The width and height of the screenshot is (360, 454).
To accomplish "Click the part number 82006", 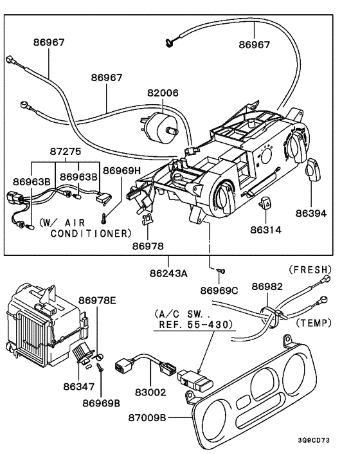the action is pos(163,93).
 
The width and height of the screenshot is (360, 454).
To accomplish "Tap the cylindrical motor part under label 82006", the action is pos(159,126).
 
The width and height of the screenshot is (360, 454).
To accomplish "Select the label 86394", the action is pos(311,213).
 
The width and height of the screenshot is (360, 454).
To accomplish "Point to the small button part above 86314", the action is pos(265,202).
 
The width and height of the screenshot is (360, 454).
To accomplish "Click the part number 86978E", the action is pos(97,300).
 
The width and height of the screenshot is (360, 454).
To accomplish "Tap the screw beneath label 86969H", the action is pos(104,218).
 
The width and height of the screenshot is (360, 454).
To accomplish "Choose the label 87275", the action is pos(66,151).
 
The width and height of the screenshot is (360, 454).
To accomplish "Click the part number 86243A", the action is pos(168,273).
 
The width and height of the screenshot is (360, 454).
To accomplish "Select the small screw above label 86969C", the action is pos(221,271).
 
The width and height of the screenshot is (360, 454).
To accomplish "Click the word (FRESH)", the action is pos(310,269).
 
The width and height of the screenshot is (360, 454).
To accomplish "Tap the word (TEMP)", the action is pos(314,323).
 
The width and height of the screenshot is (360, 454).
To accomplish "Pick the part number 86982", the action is pos(267,286).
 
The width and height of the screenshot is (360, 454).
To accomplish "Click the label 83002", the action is pos(150,392).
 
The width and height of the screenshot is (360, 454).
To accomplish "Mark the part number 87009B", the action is pos(147,418).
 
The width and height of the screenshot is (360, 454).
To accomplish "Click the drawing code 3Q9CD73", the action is pos(314,440).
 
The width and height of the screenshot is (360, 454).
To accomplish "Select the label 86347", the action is pos(79,386).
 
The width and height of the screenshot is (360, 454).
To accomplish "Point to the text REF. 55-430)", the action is pos(196,325).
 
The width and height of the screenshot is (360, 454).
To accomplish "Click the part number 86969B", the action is pos(101,403).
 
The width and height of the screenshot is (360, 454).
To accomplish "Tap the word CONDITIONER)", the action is pos(91,233).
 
